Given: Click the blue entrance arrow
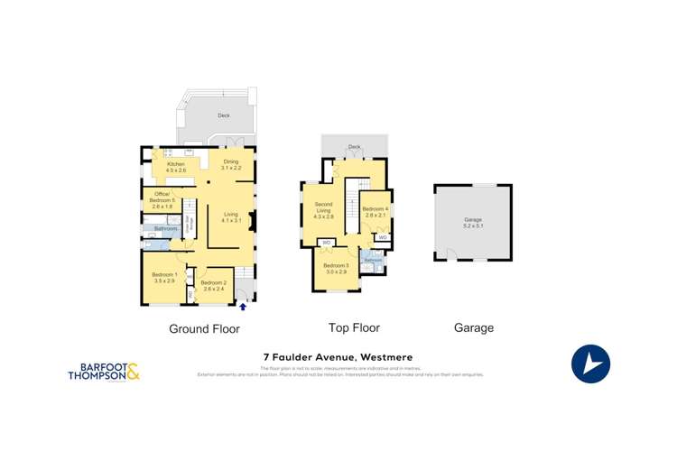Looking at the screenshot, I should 241,308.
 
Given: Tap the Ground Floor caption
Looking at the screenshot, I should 204,328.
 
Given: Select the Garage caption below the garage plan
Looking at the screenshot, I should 473,328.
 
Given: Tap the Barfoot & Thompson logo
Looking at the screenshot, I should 104,372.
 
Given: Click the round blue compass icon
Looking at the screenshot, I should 590,364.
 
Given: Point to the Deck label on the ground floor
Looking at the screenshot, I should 224,115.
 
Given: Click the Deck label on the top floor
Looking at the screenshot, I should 354,145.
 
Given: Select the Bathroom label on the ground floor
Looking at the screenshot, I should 166,229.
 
